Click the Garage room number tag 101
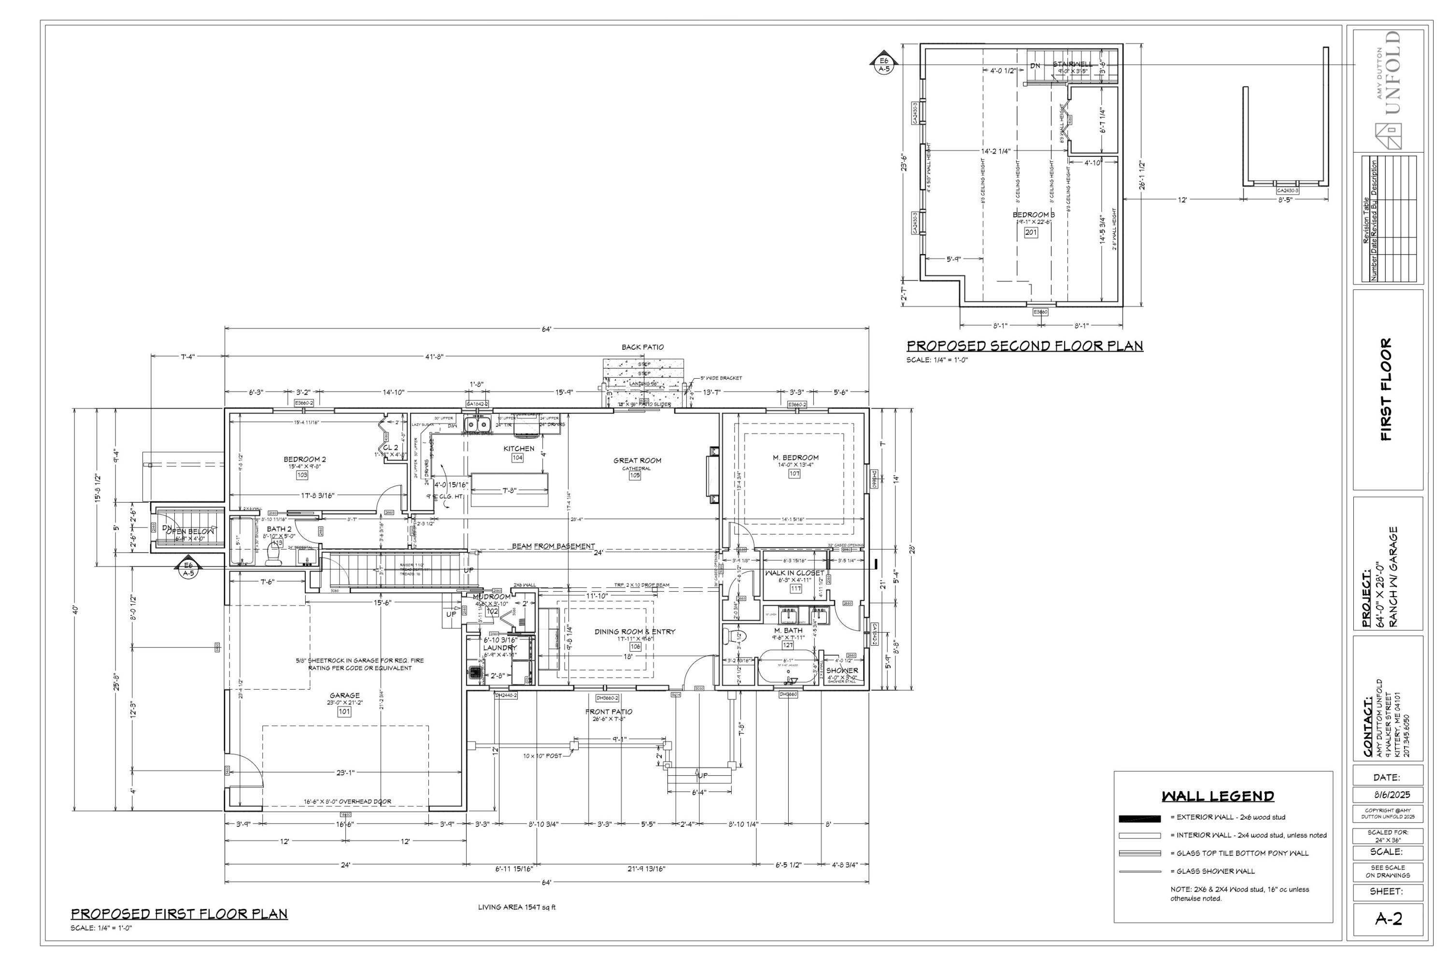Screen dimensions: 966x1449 point(344,711)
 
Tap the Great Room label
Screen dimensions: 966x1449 point(637,460)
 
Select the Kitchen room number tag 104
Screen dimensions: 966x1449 point(517,458)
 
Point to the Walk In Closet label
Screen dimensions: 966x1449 point(794,573)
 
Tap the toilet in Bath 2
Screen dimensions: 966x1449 point(272,557)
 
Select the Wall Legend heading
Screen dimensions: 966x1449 point(1217,796)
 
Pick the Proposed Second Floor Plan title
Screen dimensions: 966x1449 point(1024,346)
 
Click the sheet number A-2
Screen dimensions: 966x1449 point(1389,919)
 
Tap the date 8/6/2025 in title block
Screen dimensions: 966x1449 point(1388,795)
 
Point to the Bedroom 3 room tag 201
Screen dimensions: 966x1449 point(1031,232)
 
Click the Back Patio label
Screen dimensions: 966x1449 point(642,347)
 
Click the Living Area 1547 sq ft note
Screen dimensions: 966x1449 point(516,908)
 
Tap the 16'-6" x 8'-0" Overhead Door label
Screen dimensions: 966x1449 point(347,801)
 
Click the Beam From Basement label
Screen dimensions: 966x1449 point(553,546)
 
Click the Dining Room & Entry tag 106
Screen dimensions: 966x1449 point(635,647)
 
